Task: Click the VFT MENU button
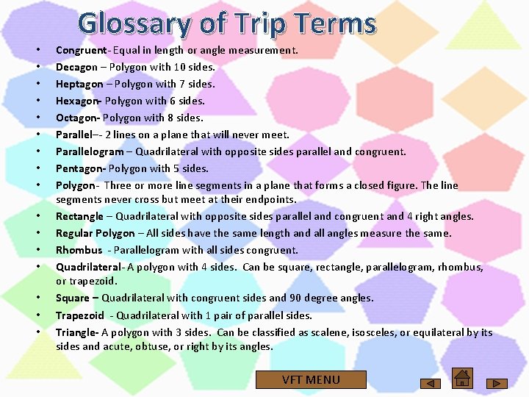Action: click(x=311, y=379)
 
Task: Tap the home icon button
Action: click(x=462, y=377)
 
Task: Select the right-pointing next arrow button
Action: click(x=499, y=383)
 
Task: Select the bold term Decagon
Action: click(x=76, y=67)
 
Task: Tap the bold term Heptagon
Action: click(x=79, y=84)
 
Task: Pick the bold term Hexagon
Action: click(x=78, y=101)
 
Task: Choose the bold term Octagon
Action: click(x=76, y=118)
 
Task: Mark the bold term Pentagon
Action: click(x=79, y=168)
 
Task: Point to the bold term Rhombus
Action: click(x=79, y=250)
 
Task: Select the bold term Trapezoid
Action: click(x=80, y=315)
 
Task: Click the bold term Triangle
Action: click(x=77, y=332)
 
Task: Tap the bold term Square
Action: click(x=72, y=298)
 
